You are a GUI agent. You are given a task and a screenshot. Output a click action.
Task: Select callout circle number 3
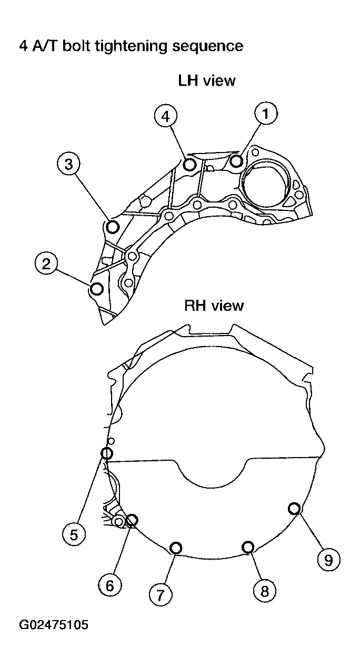(x=68, y=164)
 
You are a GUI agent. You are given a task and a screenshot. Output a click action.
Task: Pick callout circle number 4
(x=166, y=116)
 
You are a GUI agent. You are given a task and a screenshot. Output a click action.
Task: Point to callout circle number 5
(x=74, y=534)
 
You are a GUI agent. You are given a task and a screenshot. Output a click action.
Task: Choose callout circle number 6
(x=109, y=585)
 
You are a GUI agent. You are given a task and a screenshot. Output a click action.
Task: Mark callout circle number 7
(x=161, y=594)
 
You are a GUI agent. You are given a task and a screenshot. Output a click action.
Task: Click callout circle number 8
(x=264, y=591)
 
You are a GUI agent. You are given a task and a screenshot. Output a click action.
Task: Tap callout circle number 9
(x=328, y=560)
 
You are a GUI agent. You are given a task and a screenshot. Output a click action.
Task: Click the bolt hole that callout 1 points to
(x=236, y=160)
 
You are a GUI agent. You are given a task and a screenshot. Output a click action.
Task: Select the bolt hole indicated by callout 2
(x=97, y=289)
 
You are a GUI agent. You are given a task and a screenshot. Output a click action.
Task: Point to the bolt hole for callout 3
(x=112, y=227)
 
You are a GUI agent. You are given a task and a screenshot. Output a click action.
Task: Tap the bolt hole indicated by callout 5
(x=106, y=453)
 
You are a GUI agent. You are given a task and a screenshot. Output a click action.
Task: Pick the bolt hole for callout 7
(x=176, y=548)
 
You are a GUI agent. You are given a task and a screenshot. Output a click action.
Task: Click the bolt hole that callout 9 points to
(x=295, y=508)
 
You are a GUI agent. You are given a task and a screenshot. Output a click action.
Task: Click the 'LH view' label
(x=207, y=81)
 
